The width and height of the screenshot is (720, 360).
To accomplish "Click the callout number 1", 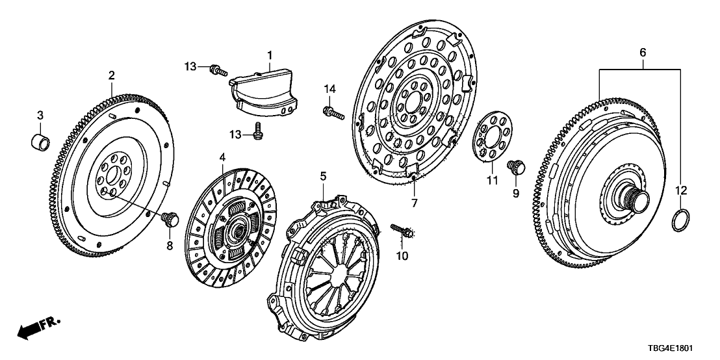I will coord(270,56).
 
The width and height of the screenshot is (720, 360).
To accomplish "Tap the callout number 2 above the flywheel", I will coord(111,76).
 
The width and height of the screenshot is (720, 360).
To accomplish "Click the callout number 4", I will coord(222,157).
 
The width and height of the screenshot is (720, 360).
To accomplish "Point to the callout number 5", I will coord(323,176).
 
